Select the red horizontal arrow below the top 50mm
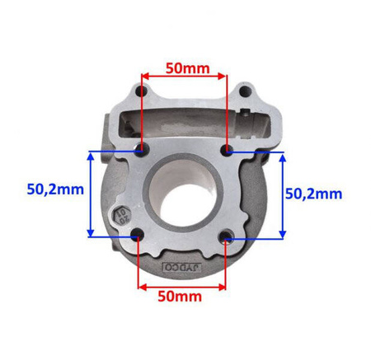click(x=183, y=77)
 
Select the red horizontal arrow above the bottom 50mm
click(x=182, y=288)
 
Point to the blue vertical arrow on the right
click(x=283, y=194)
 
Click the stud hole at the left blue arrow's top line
click(x=143, y=151)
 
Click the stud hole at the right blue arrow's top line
click(x=228, y=151)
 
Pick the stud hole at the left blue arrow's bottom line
click(x=138, y=237)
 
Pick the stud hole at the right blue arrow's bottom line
click(x=227, y=238)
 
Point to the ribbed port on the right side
click(x=252, y=124)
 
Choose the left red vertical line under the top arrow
click(x=142, y=115)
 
